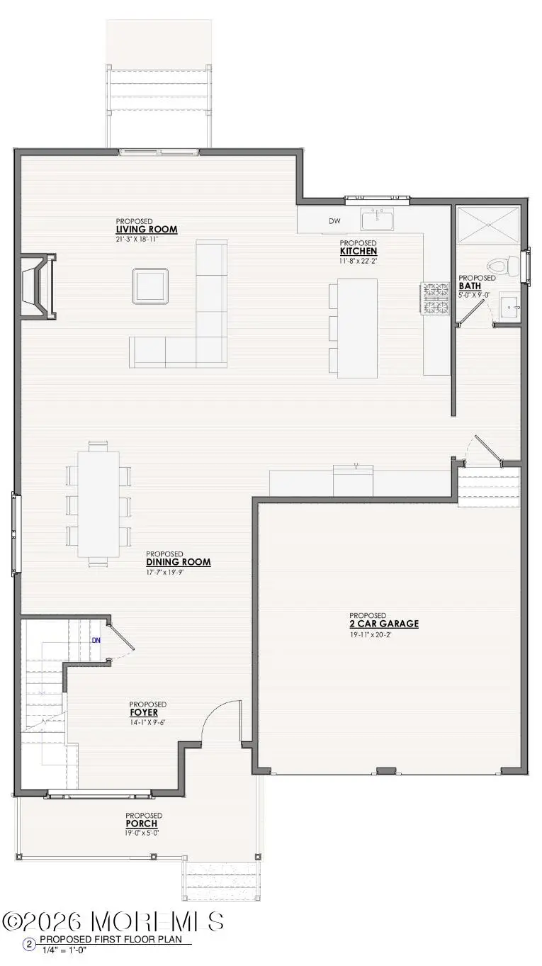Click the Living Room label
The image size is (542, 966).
(147, 229)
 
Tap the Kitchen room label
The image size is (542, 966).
(358, 251)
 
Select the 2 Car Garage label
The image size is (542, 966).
(383, 624)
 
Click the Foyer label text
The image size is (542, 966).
(148, 712)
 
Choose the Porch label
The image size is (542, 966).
(142, 824)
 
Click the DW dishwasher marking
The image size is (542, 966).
(334, 221)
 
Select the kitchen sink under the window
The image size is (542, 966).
(378, 220)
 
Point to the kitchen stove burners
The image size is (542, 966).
(436, 298)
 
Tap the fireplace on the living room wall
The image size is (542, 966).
(38, 286)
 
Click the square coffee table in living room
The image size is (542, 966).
(150, 286)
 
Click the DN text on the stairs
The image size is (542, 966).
(96, 640)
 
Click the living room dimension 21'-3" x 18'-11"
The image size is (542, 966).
(145, 240)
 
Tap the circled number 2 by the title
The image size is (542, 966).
(30, 944)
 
